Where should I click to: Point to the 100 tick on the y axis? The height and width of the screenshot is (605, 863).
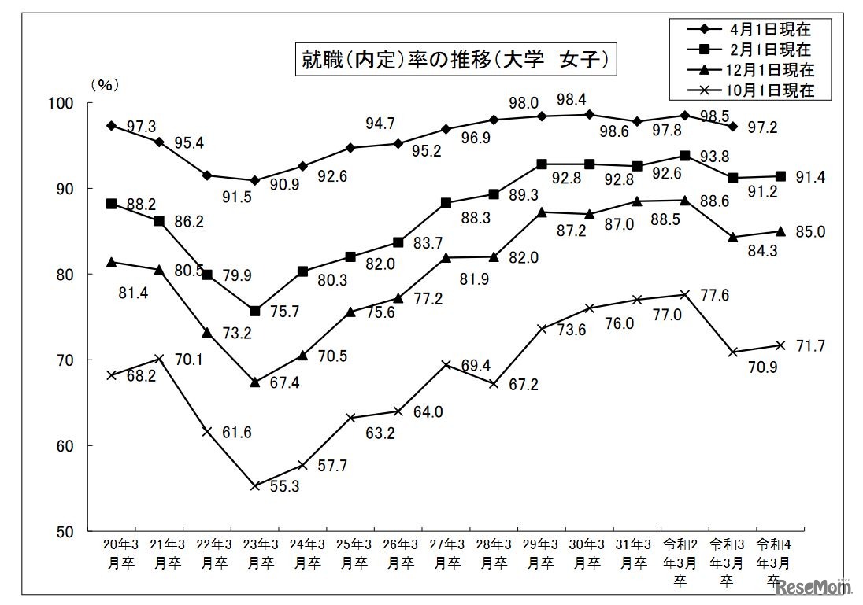(62, 103)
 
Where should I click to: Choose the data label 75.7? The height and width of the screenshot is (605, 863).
(287, 311)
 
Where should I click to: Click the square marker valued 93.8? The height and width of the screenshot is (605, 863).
(684, 156)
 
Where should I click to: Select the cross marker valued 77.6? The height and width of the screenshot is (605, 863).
(684, 294)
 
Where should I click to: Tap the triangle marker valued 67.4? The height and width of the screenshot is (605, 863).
(254, 382)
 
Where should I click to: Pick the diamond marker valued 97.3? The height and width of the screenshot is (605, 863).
(112, 126)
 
